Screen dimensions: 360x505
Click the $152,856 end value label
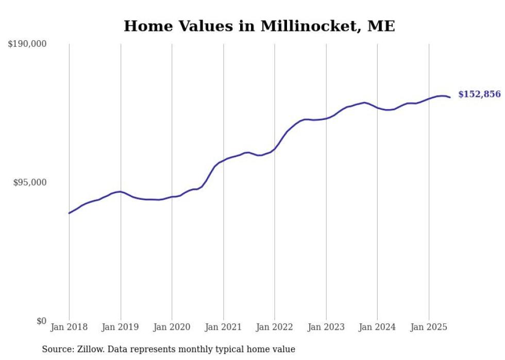(479, 94)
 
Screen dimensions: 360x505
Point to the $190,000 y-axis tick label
(27, 44)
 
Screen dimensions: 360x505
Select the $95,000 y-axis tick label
(29, 182)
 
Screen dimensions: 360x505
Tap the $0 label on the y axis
(41, 321)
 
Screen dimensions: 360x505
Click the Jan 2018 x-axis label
(69, 328)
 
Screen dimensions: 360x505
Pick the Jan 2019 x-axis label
(121, 328)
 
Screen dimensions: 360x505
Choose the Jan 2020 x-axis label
(172, 328)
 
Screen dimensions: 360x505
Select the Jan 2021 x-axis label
(223, 328)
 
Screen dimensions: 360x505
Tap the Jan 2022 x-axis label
(275, 328)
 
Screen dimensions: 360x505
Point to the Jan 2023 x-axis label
(326, 328)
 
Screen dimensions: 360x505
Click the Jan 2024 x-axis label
(377, 328)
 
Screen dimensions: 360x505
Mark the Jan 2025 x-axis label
(429, 328)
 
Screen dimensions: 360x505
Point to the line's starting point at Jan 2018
(69, 213)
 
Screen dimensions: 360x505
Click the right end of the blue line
(450, 97)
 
